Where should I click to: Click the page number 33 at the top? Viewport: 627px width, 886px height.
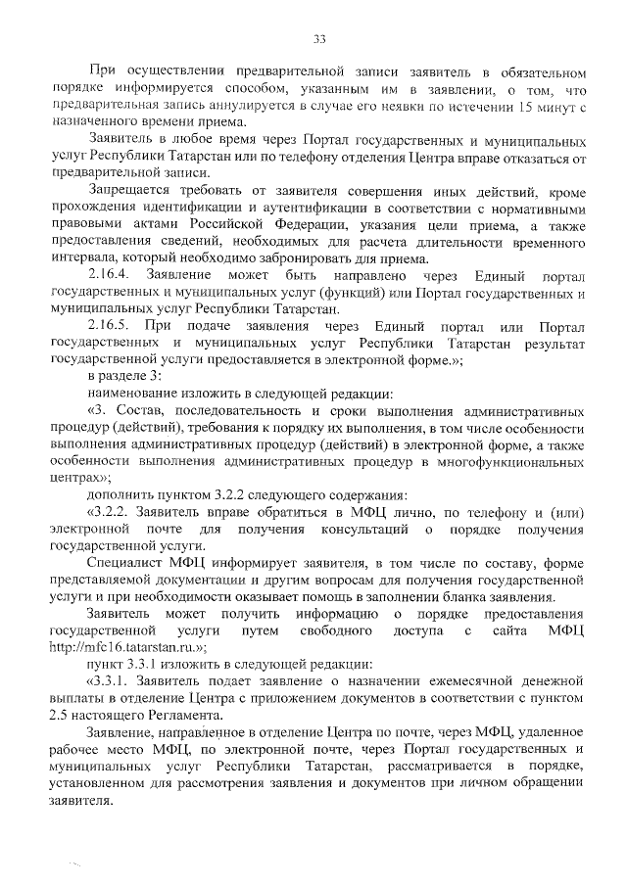tap(319, 39)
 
